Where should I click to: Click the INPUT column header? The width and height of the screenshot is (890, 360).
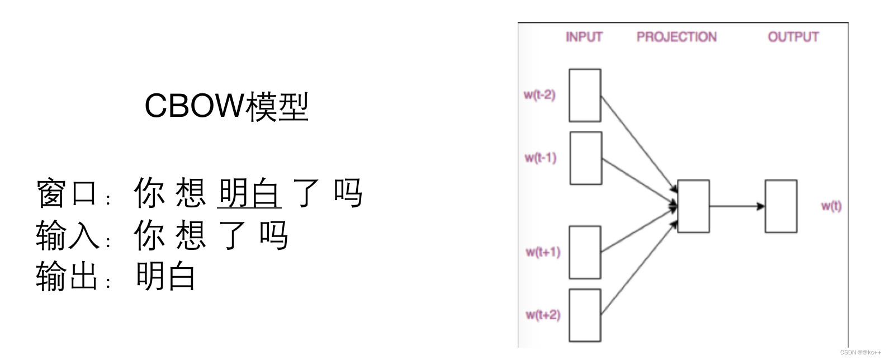tap(584, 37)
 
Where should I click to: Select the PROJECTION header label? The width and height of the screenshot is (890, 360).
tap(676, 37)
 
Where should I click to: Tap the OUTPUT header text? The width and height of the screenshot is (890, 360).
tap(793, 37)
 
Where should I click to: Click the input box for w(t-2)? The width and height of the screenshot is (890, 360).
tap(585, 95)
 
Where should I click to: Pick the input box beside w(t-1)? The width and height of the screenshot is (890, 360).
tap(586, 158)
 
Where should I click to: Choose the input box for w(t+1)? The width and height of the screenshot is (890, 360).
tap(585, 252)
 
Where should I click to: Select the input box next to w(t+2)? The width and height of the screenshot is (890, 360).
tap(585, 315)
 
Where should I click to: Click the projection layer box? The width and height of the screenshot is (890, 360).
tap(693, 206)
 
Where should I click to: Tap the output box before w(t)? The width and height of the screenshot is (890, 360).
tap(781, 206)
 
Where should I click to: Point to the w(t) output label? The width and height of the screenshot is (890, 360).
tap(831, 206)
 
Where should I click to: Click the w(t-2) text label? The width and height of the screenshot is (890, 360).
tap(539, 94)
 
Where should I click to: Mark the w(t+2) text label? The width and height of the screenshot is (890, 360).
tap(542, 315)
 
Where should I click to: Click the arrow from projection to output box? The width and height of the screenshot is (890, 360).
tap(737, 206)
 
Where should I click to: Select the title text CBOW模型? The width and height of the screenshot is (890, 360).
tap(226, 106)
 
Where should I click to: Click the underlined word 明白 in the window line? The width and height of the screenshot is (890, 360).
tap(249, 193)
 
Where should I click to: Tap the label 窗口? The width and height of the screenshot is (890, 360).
tap(67, 193)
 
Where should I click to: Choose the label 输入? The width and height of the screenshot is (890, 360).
tap(67, 235)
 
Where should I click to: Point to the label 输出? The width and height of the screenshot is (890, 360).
tap(67, 276)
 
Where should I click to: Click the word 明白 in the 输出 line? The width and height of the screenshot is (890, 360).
tap(165, 276)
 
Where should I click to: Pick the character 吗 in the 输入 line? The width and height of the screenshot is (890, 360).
tap(274, 235)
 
